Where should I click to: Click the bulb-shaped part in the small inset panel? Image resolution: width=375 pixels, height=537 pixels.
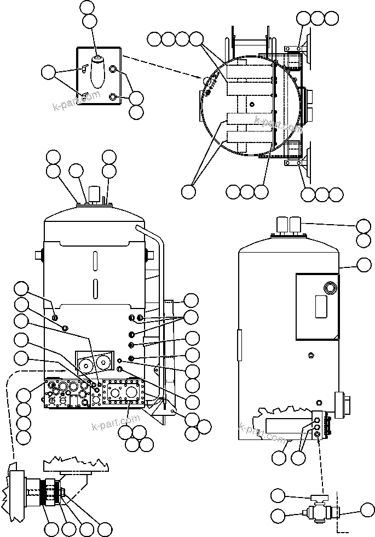[x=97, y=71]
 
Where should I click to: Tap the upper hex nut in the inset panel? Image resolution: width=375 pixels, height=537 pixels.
[x=113, y=69]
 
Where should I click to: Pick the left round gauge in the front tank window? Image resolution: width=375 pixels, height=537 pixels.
[x=85, y=364]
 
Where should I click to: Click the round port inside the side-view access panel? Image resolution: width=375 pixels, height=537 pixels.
[x=330, y=288]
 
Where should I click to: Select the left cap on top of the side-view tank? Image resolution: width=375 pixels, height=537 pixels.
[x=282, y=223]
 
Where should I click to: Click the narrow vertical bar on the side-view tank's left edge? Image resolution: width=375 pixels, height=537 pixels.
[x=239, y=345]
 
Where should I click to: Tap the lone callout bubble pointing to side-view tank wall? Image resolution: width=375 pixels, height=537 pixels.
[x=363, y=265]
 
